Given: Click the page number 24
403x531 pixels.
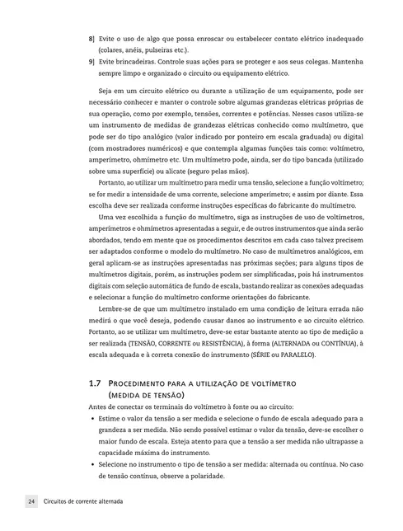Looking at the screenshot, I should [x=30, y=502].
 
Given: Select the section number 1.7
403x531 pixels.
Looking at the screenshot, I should [x=94, y=384].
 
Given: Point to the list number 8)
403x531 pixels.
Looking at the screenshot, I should [x=91, y=39].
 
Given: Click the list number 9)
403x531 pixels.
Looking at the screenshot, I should [x=91, y=62].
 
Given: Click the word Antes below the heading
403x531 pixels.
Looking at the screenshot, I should [x=98, y=407].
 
